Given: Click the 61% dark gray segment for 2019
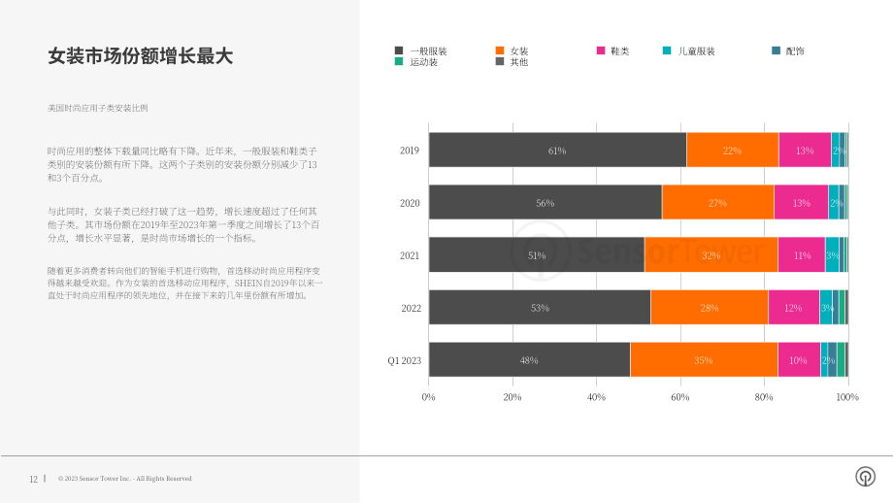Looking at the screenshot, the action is [557, 150].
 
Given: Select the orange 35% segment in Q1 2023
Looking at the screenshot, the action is [704, 359].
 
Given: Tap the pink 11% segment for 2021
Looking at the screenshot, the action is [802, 254].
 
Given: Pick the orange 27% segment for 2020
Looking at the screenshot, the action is [718, 202].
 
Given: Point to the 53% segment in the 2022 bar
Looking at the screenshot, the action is [540, 307].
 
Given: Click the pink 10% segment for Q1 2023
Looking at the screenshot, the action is [799, 359].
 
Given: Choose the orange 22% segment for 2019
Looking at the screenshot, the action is [733, 150].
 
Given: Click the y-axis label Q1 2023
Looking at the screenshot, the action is [405, 360].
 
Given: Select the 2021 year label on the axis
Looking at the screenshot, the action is [410, 255].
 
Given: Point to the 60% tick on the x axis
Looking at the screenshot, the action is [680, 397].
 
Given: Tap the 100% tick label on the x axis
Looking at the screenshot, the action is [847, 397].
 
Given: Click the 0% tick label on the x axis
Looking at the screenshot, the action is [428, 397].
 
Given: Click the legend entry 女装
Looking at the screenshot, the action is [512, 50].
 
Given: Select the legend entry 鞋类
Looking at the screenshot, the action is [612, 50].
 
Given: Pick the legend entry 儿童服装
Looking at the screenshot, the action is [689, 50].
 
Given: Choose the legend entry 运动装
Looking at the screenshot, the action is [416, 61].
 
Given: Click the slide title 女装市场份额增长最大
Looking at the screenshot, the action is [140, 55].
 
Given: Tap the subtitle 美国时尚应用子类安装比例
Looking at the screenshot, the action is [97, 108].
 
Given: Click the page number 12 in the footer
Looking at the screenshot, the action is [34, 479].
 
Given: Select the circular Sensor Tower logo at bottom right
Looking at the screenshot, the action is [865, 476].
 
